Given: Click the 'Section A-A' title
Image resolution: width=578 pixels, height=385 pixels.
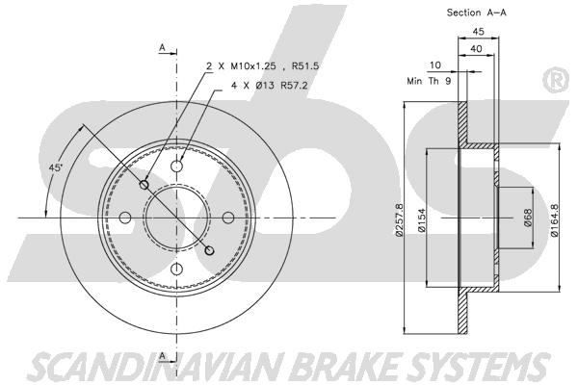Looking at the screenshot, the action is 476,13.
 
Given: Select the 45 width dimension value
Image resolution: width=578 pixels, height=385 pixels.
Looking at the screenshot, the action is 478,32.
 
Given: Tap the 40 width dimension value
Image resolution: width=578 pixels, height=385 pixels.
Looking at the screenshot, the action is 476,49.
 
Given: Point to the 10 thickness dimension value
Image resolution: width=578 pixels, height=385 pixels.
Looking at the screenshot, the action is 435,65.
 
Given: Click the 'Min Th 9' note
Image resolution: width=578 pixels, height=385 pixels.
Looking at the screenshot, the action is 429,81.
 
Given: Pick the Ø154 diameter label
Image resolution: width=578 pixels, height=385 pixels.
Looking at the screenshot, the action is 422,220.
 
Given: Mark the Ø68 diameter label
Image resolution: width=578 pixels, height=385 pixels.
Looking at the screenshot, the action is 528,218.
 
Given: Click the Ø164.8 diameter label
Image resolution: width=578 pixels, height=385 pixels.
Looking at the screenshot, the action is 554,220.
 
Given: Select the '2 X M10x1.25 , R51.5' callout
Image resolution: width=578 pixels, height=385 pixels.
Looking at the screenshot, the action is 262,66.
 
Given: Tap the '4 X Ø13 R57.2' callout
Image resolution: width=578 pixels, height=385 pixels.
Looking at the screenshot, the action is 269,86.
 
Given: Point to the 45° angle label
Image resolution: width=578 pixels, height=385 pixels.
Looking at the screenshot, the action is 56,167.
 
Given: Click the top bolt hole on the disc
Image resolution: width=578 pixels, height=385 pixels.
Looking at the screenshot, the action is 177,167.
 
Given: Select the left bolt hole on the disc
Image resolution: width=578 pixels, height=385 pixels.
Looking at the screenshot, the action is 125,218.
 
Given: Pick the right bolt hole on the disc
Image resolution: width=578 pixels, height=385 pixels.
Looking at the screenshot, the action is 228,218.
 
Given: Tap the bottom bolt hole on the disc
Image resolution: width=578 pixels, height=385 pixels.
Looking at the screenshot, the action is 177,269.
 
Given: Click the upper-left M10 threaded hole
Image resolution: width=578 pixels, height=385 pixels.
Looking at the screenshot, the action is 144,185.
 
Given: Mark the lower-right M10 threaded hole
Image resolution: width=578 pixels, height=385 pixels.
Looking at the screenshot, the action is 209,250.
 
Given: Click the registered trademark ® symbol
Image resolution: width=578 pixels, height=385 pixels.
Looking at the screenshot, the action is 556,80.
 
